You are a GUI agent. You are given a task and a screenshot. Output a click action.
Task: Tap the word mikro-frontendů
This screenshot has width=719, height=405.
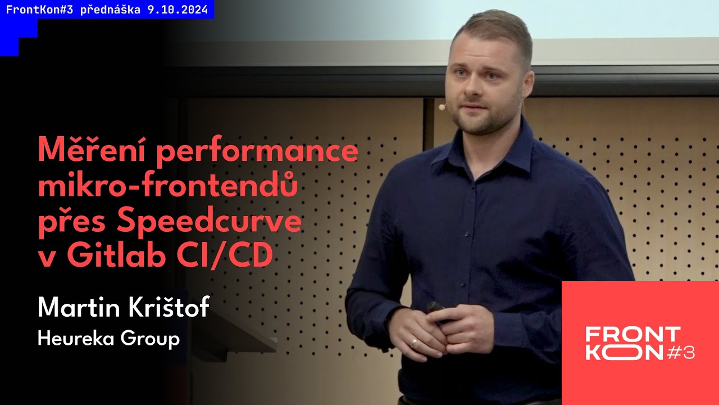coord(167,187)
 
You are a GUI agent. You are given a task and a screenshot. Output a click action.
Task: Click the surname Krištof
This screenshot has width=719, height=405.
coord(170,308)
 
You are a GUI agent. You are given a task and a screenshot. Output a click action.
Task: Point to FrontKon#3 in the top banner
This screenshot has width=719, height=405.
coord(33,10)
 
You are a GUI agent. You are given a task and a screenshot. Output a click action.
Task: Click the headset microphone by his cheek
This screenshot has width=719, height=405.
coord(442,106)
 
